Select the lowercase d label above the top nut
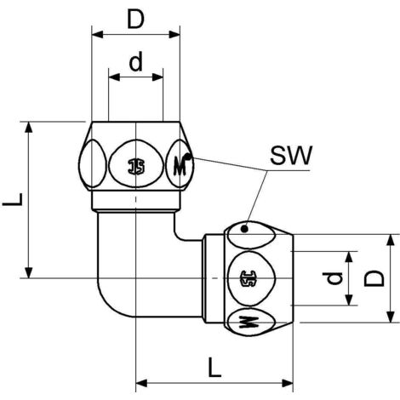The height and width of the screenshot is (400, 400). [135, 62]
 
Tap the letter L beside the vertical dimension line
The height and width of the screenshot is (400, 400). [12, 201]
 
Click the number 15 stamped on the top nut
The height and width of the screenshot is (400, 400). [136, 164]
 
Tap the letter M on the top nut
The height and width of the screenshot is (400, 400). [180, 163]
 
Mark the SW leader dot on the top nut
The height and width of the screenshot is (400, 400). [191, 157]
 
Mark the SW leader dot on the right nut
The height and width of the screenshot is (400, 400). [245, 228]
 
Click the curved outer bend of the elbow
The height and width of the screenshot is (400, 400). [104, 298]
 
